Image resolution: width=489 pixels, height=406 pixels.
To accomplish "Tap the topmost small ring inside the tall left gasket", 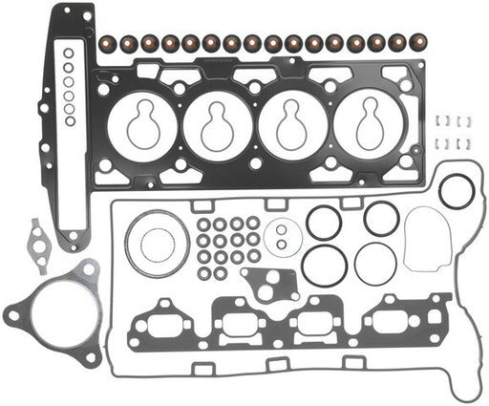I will pos(68,54).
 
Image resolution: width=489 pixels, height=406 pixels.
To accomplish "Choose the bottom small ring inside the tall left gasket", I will pos(69,121).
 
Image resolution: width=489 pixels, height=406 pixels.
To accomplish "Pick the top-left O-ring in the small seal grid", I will pos(204,224).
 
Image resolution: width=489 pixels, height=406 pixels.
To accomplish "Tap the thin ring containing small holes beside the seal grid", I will pos(283,235).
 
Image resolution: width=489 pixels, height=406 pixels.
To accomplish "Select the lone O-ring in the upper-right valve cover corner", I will pos(457,191).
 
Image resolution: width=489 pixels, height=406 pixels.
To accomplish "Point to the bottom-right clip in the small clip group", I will pos(467,143).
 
